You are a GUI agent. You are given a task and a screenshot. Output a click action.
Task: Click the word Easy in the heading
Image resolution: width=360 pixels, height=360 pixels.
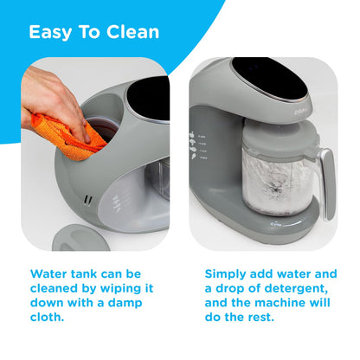coord(50,32)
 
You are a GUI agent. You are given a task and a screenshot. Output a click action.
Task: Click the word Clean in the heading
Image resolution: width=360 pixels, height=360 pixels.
coord(132,32)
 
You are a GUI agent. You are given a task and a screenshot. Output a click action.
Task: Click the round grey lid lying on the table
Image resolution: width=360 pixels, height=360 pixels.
coord(80,238)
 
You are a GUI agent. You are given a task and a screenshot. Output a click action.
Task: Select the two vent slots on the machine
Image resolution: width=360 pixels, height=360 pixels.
coord(88,200)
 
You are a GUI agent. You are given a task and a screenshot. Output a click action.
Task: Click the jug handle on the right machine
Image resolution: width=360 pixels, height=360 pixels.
coord(326,182)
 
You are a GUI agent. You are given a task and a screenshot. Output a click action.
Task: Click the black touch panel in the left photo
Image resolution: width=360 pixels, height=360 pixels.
coord(148,99)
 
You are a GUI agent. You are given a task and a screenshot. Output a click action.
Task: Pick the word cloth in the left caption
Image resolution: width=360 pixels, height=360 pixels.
coord(47,317)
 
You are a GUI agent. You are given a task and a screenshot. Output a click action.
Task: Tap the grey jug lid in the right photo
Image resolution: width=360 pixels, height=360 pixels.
coord(278,136)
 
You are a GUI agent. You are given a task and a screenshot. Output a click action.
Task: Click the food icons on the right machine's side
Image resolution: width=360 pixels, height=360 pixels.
coord(193,145)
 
